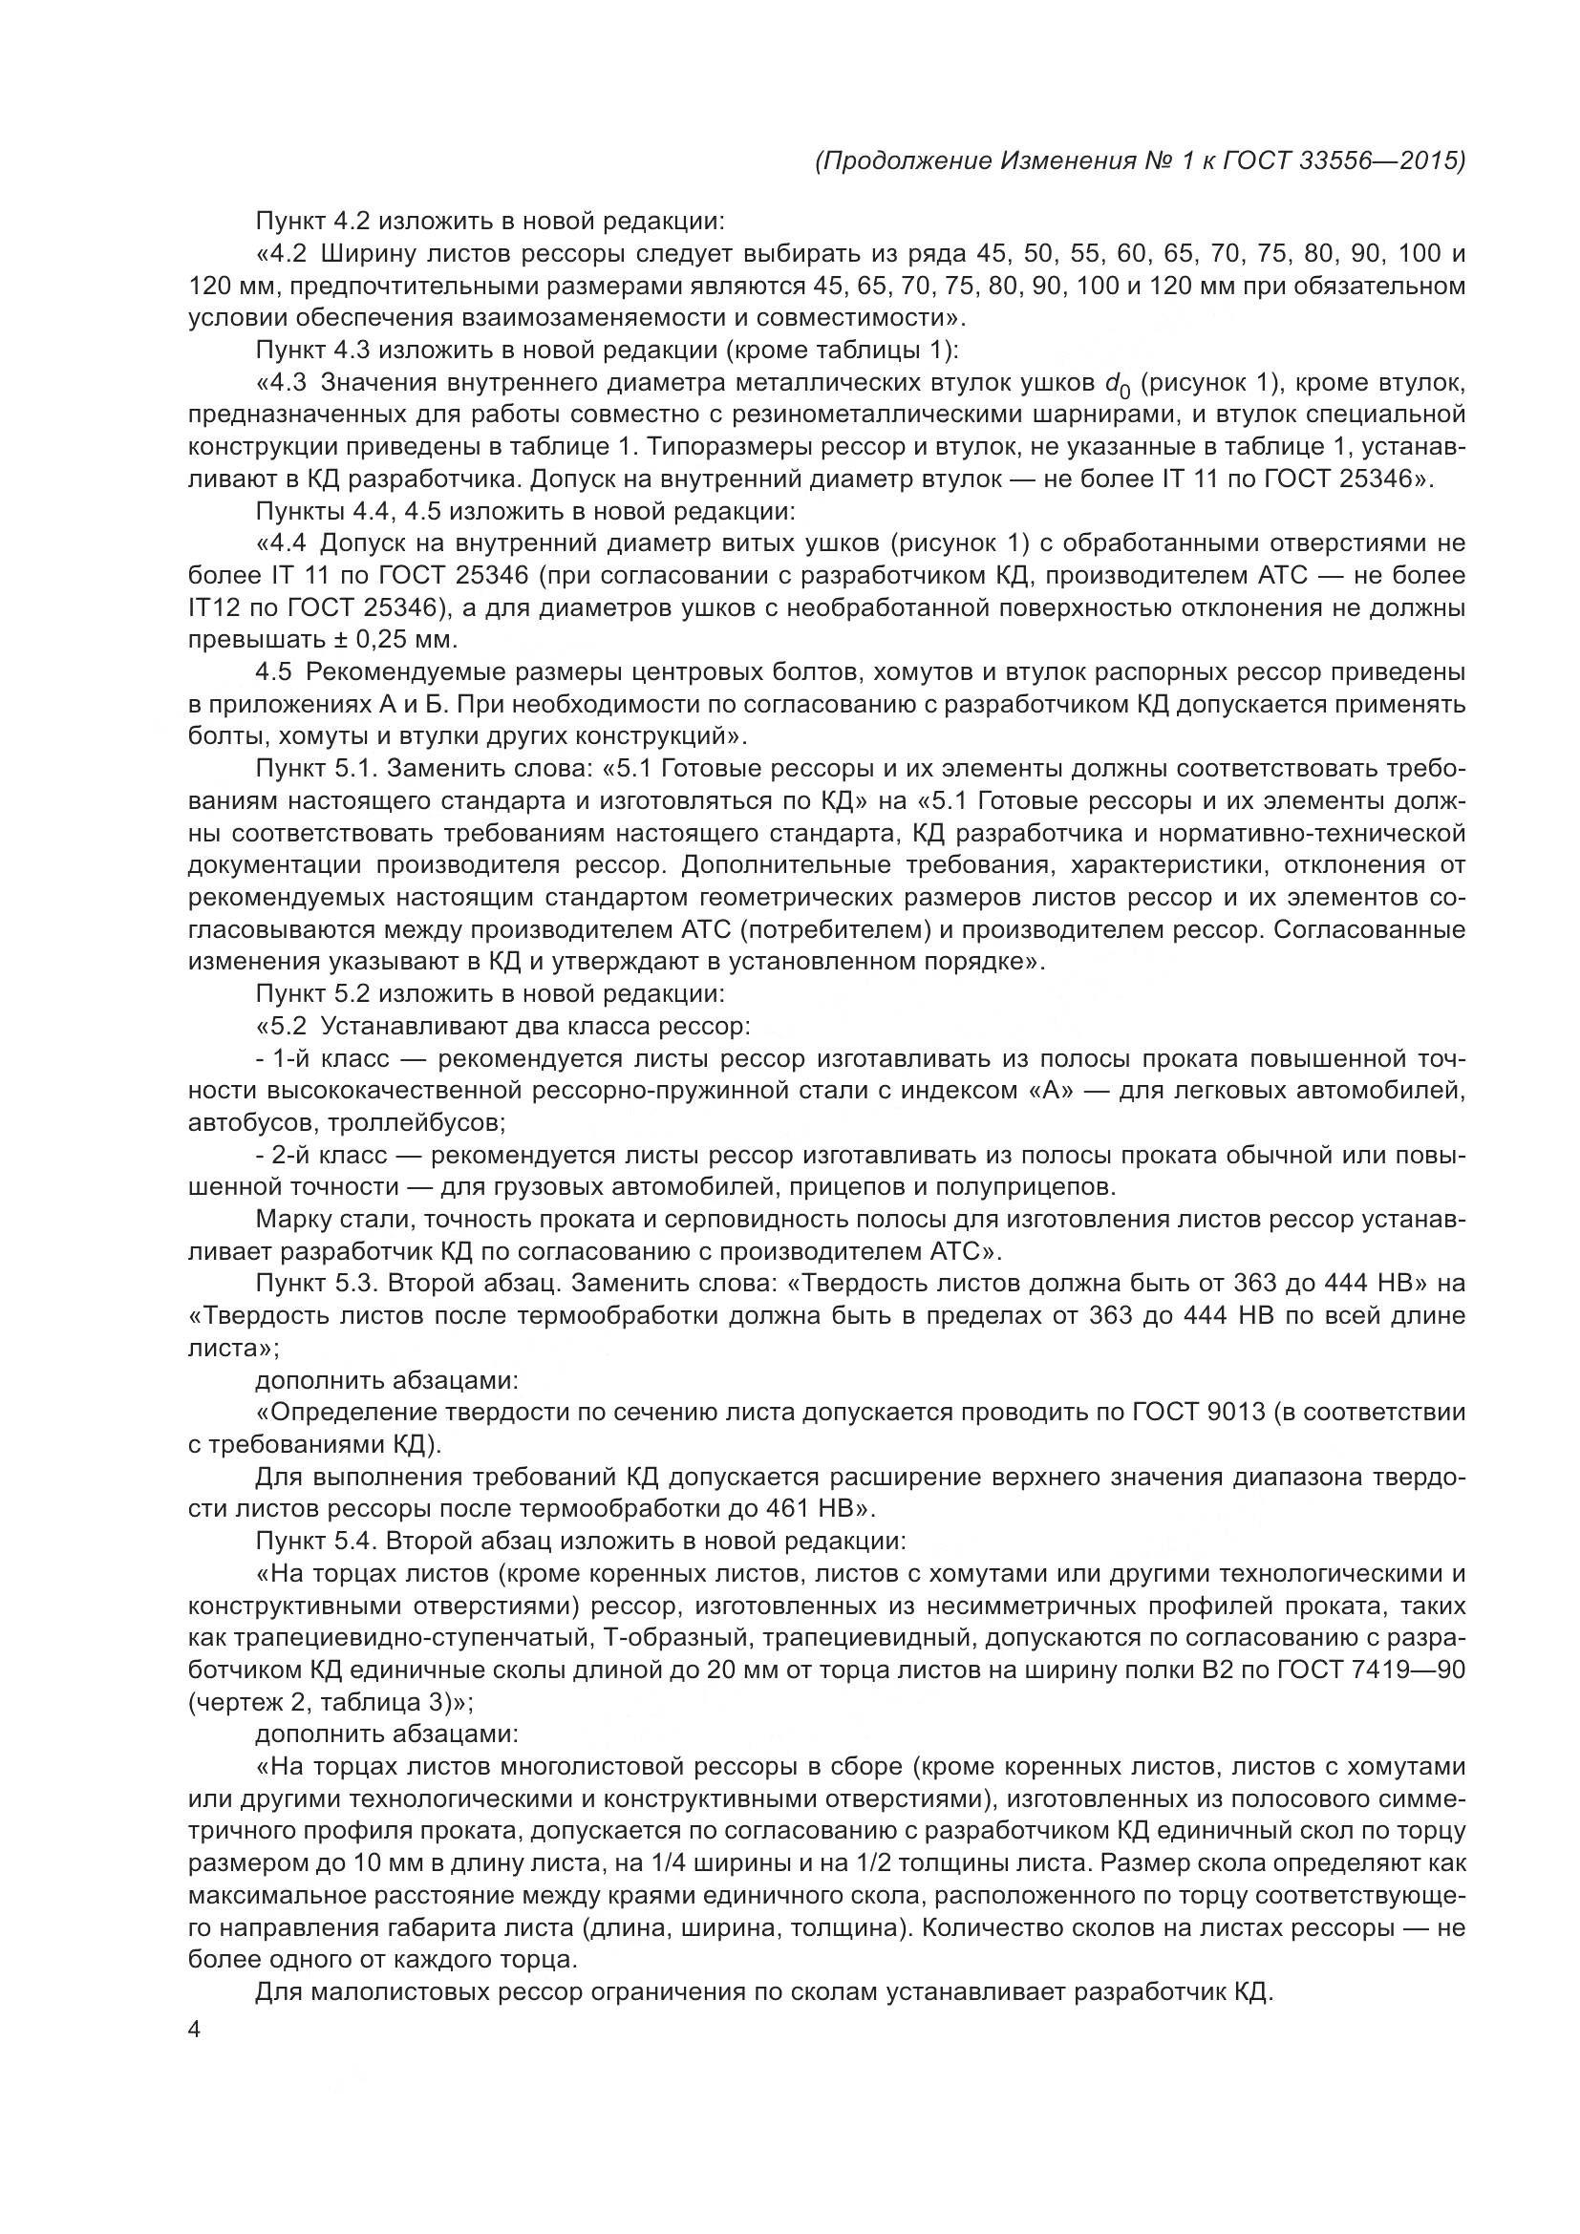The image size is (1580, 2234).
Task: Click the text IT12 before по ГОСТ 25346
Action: (218, 608)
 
